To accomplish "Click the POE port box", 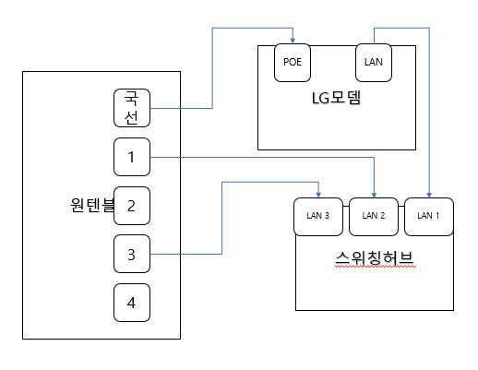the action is point(293,63).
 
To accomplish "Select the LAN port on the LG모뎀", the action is point(374,63).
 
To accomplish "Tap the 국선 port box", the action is point(132,108).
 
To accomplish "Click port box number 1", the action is point(132,157).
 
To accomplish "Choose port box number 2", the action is point(132,206).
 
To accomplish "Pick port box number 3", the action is point(132,254).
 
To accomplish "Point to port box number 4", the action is point(132,303).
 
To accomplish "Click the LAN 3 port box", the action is point(318,217).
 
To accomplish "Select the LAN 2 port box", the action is point(374,217).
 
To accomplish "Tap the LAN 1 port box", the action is point(429,217).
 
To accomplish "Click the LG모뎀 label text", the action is point(336,98).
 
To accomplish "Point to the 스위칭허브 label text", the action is point(375,258).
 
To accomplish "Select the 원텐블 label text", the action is point(92,205).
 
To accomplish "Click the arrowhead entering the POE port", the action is point(293,41).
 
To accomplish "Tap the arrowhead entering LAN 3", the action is point(318,195).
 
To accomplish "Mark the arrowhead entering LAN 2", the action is point(374,195).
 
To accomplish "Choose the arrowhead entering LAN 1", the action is point(429,195).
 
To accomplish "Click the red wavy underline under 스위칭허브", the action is point(376,267).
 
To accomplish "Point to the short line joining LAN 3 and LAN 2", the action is point(346,207).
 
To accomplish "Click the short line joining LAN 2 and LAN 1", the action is point(401,207).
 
